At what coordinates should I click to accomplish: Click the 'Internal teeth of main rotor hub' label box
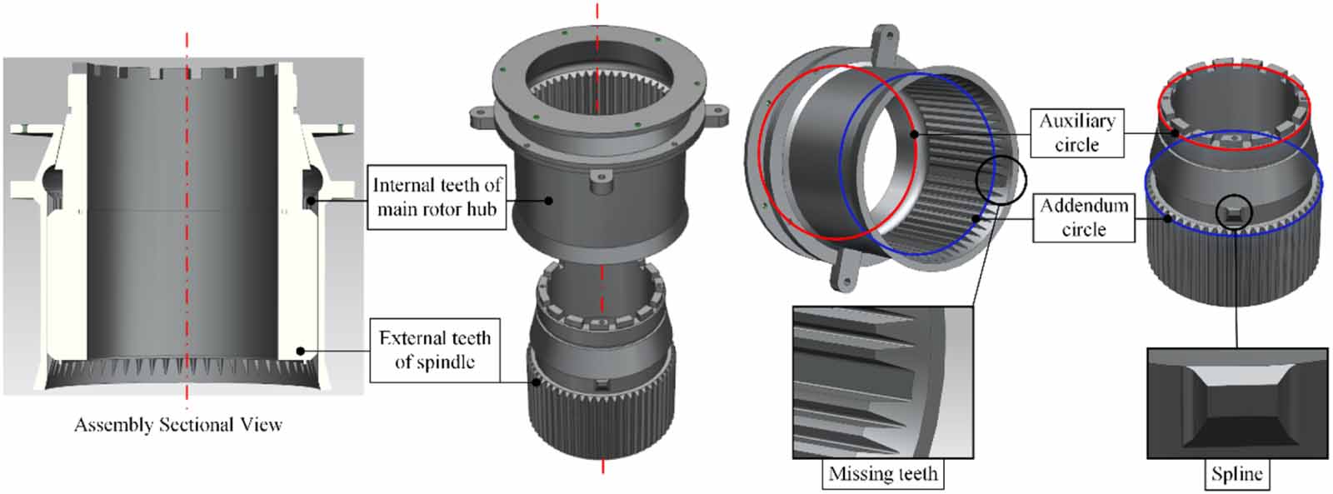coord(437,197)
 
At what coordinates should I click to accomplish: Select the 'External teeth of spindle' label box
coord(434,350)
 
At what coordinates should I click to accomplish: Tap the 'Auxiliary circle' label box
coord(1076,132)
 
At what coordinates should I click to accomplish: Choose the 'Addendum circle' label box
coord(1083,217)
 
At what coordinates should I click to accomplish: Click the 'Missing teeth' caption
coord(883,474)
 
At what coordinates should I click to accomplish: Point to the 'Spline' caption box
coord(1236,474)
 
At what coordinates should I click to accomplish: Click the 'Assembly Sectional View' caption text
coord(178,425)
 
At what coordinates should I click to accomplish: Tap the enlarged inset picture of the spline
coord(1236,403)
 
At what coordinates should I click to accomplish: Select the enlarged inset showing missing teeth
coord(882,382)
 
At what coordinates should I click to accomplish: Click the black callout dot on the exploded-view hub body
coord(549,199)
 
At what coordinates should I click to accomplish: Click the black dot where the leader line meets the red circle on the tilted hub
coord(914,133)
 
